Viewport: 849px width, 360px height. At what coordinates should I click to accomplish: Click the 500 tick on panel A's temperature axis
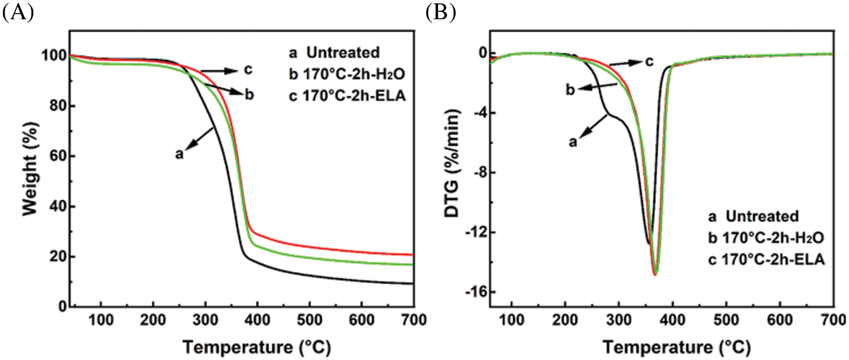click(309, 319)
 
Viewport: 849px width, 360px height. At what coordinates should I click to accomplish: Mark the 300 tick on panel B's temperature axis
click(619, 319)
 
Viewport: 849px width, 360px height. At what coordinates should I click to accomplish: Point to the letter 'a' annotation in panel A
click(179, 153)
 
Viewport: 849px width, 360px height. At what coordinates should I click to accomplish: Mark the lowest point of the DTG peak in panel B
click(655, 275)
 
